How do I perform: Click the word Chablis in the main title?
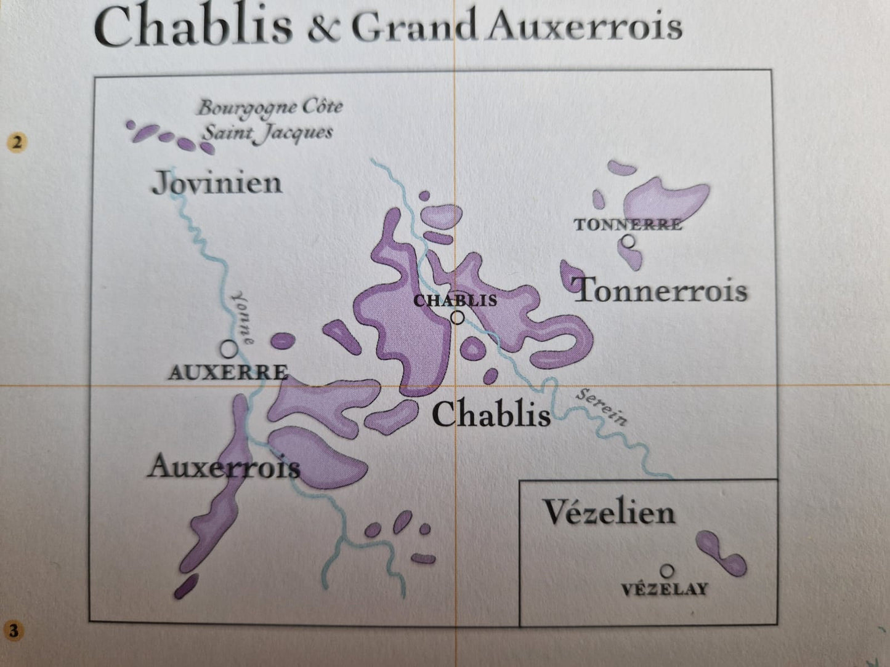193,28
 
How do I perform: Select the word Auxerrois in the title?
583,28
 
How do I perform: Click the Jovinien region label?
217,183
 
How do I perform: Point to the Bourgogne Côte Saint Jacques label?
269,119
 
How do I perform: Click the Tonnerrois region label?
660,290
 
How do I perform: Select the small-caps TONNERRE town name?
628,225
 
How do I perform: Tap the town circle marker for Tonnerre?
628,242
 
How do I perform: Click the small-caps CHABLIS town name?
455,300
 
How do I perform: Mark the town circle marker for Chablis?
457,318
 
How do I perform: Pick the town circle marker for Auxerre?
229,349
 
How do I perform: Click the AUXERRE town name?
228,372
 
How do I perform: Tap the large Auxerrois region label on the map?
224,467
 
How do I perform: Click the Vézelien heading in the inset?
609,513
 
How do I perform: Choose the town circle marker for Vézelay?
667,571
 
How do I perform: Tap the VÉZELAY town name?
664,589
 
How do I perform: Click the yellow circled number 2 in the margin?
17,142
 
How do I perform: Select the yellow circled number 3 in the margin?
14,631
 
